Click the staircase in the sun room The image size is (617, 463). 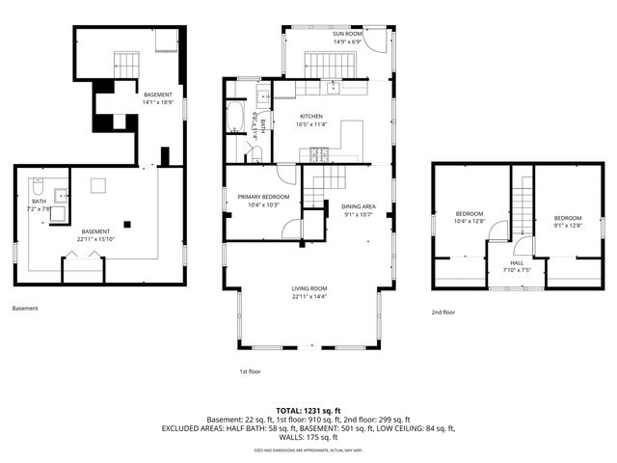(x=331, y=65)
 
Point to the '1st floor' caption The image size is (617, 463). (x=250, y=371)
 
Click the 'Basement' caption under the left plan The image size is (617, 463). (x=25, y=309)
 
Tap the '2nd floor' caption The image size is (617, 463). (x=443, y=313)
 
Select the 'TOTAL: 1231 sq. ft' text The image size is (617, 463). (x=308, y=410)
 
